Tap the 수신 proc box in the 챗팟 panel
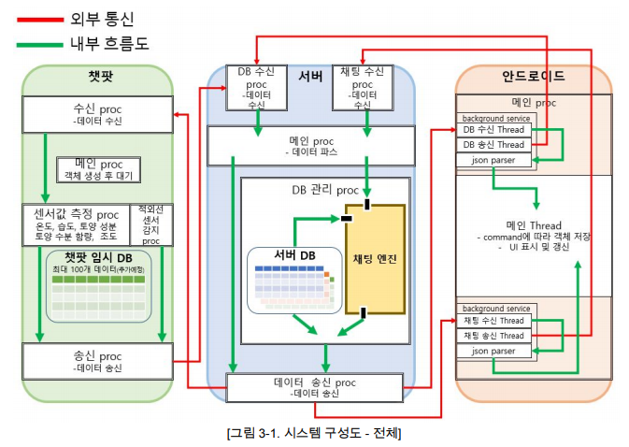click(x=97, y=113)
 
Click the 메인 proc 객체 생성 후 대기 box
click(x=97, y=169)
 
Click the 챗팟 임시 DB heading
click(x=98, y=257)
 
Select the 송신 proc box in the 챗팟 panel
click(x=97, y=360)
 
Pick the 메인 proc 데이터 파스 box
click(x=310, y=145)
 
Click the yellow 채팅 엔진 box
click(x=375, y=258)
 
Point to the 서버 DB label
click(x=293, y=255)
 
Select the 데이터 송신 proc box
click(x=314, y=386)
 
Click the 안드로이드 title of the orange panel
click(x=534, y=76)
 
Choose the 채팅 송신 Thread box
click(x=493, y=336)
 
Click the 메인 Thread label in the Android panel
click(x=533, y=224)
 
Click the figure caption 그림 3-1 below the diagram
click(x=314, y=433)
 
